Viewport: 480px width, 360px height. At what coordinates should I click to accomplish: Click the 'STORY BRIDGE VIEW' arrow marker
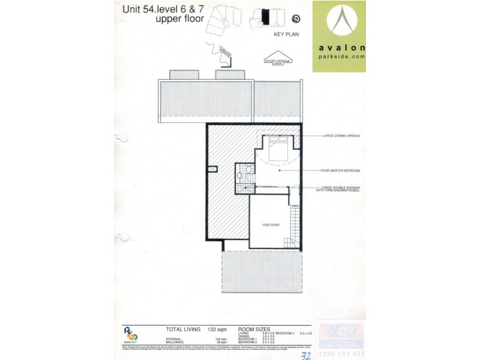(x=277, y=61)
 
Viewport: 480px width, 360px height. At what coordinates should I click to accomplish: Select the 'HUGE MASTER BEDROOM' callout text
(x=340, y=170)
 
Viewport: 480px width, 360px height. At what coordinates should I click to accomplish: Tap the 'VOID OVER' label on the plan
(x=270, y=225)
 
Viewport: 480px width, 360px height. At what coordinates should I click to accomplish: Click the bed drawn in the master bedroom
(x=278, y=149)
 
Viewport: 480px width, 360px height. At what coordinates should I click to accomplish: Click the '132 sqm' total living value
(x=216, y=329)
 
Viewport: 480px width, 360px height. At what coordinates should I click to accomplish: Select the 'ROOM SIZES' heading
(x=254, y=329)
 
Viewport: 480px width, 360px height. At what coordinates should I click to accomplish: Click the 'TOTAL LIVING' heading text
(x=183, y=329)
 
